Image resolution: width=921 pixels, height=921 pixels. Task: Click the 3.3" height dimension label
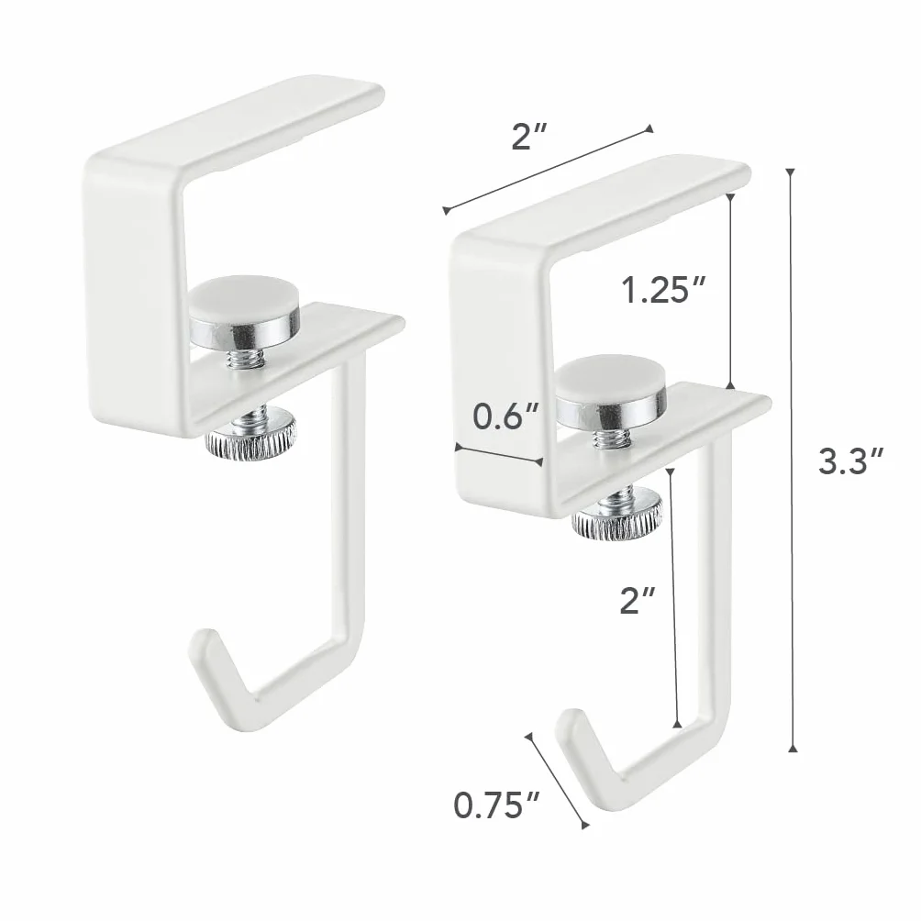coord(850,460)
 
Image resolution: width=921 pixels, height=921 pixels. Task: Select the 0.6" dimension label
coord(505,416)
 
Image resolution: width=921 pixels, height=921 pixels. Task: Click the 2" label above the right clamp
coord(529,137)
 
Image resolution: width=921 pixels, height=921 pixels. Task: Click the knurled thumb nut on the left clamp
coord(250,438)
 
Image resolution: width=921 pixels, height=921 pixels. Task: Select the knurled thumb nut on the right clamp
coord(618,516)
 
